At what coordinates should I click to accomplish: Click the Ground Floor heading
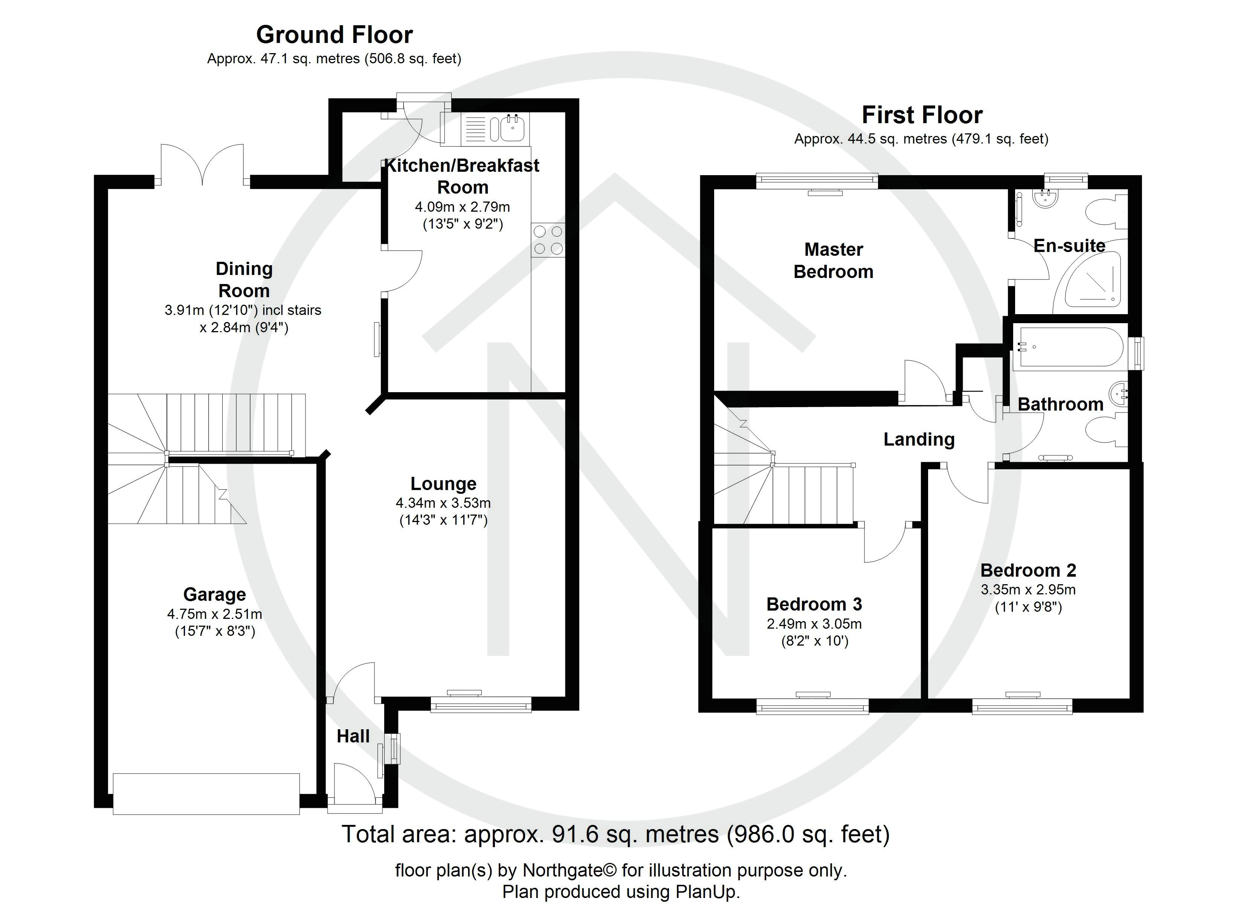(x=334, y=35)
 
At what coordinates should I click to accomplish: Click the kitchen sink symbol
(x=512, y=129)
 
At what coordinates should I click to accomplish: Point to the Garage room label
(x=214, y=594)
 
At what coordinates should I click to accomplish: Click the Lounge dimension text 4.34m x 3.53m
(x=443, y=503)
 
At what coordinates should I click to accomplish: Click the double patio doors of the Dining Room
(x=202, y=165)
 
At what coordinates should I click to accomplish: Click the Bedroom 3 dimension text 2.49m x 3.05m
(x=814, y=624)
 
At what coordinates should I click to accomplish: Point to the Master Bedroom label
(x=833, y=260)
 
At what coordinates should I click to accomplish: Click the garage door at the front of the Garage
(x=206, y=793)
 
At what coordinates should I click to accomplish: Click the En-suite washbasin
(x=1044, y=199)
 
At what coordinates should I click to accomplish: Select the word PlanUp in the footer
(x=707, y=892)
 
